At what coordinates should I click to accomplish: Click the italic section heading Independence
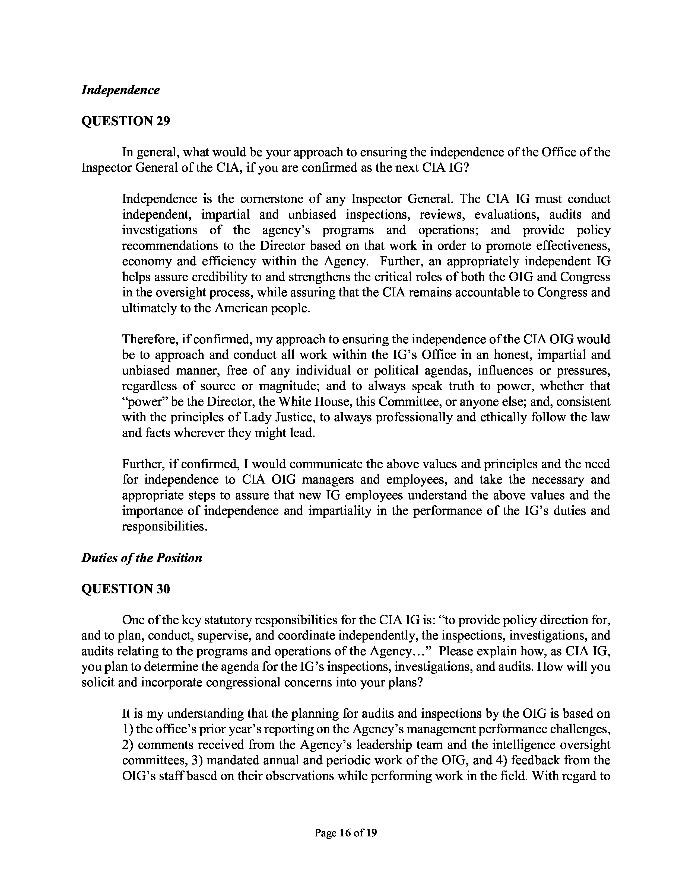[x=120, y=90]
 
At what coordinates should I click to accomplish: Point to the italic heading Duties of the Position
[x=141, y=558]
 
